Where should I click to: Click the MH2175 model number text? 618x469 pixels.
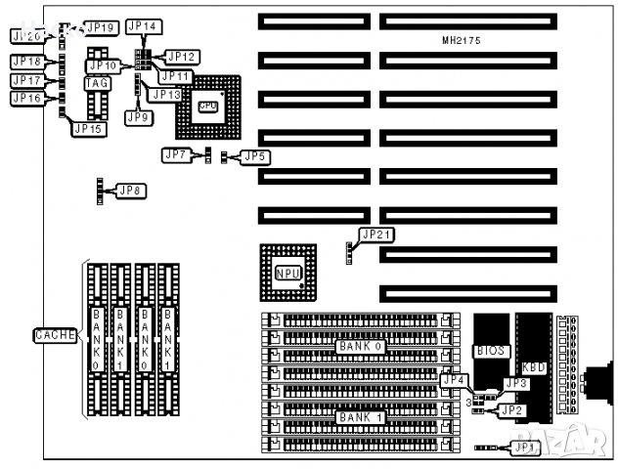[x=460, y=40]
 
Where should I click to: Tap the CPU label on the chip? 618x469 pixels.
[x=207, y=107]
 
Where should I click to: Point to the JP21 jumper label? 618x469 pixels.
[x=376, y=234]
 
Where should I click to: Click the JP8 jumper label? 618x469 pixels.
[x=131, y=190]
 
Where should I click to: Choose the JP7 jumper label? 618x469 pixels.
[x=176, y=155]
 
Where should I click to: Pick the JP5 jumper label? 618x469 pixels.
[x=255, y=156]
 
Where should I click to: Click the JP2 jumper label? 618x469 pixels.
[x=511, y=411]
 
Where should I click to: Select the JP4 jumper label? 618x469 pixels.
[x=455, y=380]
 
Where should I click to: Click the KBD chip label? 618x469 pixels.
[x=534, y=367]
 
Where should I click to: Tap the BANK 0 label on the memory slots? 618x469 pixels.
[x=360, y=347]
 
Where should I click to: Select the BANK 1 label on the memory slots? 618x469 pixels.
[x=360, y=417]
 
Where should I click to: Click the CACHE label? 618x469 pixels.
[x=56, y=335]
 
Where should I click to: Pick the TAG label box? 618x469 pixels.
[x=97, y=84]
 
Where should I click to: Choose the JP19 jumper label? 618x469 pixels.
[x=102, y=26]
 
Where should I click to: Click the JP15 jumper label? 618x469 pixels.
[x=88, y=129]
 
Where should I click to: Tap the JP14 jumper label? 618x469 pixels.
[x=146, y=25]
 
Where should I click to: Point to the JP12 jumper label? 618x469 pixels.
[x=183, y=57]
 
